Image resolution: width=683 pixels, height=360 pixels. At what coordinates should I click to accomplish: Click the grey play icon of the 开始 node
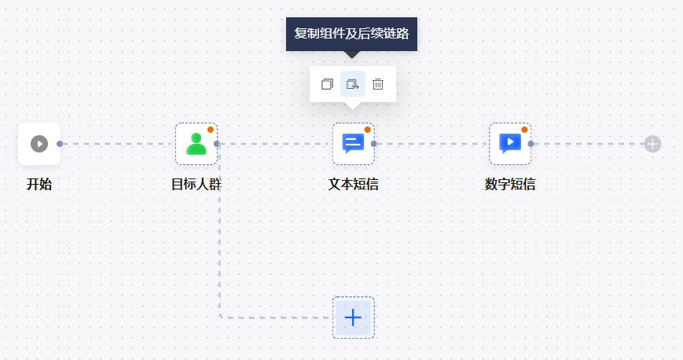[39, 144]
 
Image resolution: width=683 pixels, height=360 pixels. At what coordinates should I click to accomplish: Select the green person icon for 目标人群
[196, 144]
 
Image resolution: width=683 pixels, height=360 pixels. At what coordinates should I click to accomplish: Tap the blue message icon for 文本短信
[353, 144]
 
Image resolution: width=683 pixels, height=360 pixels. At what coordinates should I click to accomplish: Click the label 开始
[39, 185]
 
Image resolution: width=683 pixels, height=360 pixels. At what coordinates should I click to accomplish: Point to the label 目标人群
[196, 185]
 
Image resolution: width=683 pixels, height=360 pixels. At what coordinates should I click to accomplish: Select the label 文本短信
[353, 185]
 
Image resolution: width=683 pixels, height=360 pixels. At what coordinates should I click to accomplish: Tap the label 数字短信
[510, 185]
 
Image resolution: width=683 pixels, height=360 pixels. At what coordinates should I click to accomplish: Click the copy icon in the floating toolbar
[327, 84]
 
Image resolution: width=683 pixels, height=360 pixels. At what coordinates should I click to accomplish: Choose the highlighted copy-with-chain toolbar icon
[353, 84]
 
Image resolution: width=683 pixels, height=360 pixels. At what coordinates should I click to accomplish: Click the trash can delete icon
[378, 84]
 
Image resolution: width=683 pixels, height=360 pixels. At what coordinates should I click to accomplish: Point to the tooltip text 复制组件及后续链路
[351, 34]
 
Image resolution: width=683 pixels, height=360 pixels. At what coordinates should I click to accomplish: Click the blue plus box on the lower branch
[353, 318]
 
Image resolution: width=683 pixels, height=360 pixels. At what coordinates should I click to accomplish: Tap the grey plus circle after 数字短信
[652, 144]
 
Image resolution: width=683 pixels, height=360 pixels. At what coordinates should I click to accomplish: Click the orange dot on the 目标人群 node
[211, 130]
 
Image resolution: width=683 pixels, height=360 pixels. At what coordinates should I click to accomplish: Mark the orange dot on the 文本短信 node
[367, 130]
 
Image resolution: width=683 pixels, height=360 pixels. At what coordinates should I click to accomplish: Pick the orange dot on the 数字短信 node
[524, 130]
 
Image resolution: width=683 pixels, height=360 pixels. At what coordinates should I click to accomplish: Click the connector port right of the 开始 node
[60, 144]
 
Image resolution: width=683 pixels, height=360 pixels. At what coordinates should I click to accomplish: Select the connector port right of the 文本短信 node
[374, 144]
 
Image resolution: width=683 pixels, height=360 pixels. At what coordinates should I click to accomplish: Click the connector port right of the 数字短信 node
[531, 144]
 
